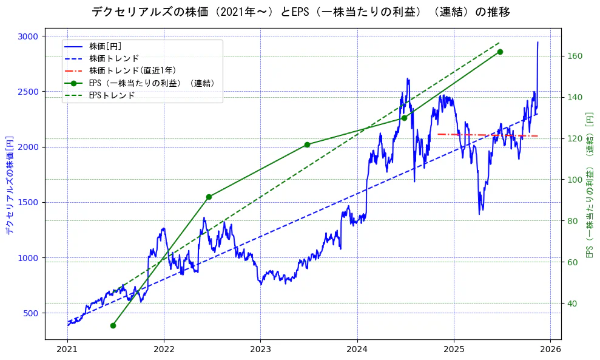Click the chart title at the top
coord(300,12)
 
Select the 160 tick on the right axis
coord(574,56)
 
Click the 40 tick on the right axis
coord(572,304)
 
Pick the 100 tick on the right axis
coord(574,180)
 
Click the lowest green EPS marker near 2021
coord(113,325)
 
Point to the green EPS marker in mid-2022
coord(209,197)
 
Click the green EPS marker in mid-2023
coord(307,144)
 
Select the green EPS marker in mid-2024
coord(404,118)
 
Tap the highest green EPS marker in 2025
coord(500,52)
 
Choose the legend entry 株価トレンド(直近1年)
coord(127,70)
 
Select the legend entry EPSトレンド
coord(112,95)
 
